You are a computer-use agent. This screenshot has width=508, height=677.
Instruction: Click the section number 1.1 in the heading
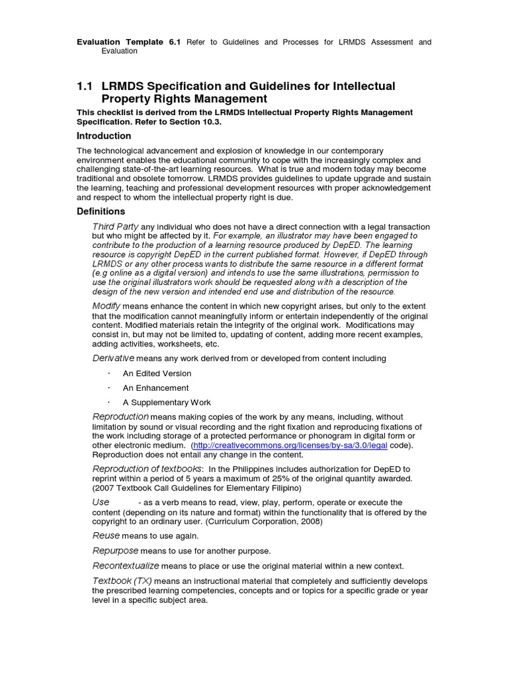[x=85, y=86]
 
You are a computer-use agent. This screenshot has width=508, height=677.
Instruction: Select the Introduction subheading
[x=104, y=136]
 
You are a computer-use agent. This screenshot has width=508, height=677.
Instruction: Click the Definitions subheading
[x=101, y=212]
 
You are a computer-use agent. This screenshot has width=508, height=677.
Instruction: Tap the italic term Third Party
[x=115, y=227]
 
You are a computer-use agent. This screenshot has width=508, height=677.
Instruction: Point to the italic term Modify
[x=105, y=305]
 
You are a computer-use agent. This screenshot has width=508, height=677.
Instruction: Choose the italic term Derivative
[x=113, y=358]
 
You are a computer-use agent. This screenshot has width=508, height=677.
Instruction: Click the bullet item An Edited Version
[x=157, y=374]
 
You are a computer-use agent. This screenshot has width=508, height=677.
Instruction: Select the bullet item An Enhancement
[x=155, y=388]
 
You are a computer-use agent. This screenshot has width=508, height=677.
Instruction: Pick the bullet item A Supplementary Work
[x=167, y=403]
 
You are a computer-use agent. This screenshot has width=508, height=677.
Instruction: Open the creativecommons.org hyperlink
[x=290, y=446]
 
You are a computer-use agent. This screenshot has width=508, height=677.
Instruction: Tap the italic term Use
[x=101, y=502]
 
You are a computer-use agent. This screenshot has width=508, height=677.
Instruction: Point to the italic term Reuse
[x=106, y=536]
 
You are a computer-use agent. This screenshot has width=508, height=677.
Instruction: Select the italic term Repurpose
[x=115, y=551]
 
